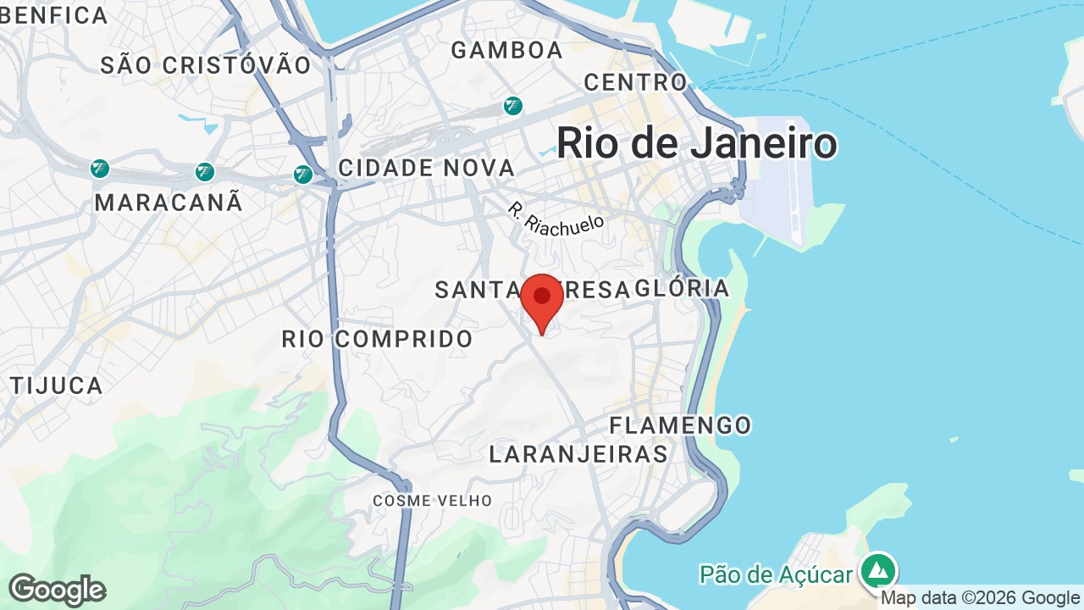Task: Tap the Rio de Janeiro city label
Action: [x=696, y=143]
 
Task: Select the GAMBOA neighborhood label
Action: [x=506, y=50]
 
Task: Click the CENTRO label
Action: [x=635, y=82]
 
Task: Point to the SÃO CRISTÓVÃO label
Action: [x=206, y=65]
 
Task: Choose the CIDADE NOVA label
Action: [x=426, y=168]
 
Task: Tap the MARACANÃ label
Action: [x=169, y=202]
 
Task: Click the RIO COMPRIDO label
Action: [x=377, y=339]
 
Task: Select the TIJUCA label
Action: [x=57, y=385]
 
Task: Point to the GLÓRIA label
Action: [x=682, y=288]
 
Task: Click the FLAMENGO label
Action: [x=680, y=424]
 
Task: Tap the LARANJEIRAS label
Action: [x=578, y=454]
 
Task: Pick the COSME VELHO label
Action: [x=432, y=501]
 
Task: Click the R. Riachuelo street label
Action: [x=556, y=218]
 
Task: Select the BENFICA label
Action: [x=55, y=15]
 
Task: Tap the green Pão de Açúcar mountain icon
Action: [x=878, y=570]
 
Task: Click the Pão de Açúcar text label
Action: [x=775, y=575]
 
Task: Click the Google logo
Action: [x=57, y=590]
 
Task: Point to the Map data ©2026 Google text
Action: [x=980, y=598]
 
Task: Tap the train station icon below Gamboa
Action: [x=512, y=106]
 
